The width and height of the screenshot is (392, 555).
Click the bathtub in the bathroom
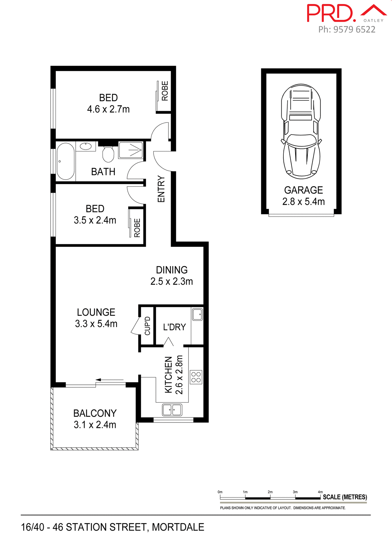click(x=66, y=161)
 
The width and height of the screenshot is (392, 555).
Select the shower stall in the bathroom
click(x=131, y=150)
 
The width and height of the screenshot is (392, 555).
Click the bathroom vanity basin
click(x=86, y=146)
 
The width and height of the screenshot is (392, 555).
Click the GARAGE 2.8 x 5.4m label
click(x=303, y=196)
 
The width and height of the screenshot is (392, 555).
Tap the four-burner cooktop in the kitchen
click(x=196, y=377)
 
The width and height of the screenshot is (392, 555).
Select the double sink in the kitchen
click(x=172, y=410)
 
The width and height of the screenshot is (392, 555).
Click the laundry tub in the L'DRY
click(x=197, y=314)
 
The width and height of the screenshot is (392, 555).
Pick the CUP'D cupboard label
click(x=148, y=326)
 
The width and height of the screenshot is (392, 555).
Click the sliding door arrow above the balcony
click(x=109, y=380)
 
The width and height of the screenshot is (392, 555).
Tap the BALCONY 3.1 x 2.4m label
click(x=95, y=419)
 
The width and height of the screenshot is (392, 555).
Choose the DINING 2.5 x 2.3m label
click(x=171, y=275)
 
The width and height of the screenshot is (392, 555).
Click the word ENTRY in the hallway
click(x=161, y=189)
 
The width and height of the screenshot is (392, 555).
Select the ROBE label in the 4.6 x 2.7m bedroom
click(x=165, y=91)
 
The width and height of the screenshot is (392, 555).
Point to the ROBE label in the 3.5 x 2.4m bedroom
click(x=137, y=228)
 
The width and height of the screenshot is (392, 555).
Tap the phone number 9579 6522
click(x=354, y=29)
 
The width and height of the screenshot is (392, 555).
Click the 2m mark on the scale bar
click(x=270, y=492)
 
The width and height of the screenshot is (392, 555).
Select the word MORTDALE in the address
click(x=178, y=527)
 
